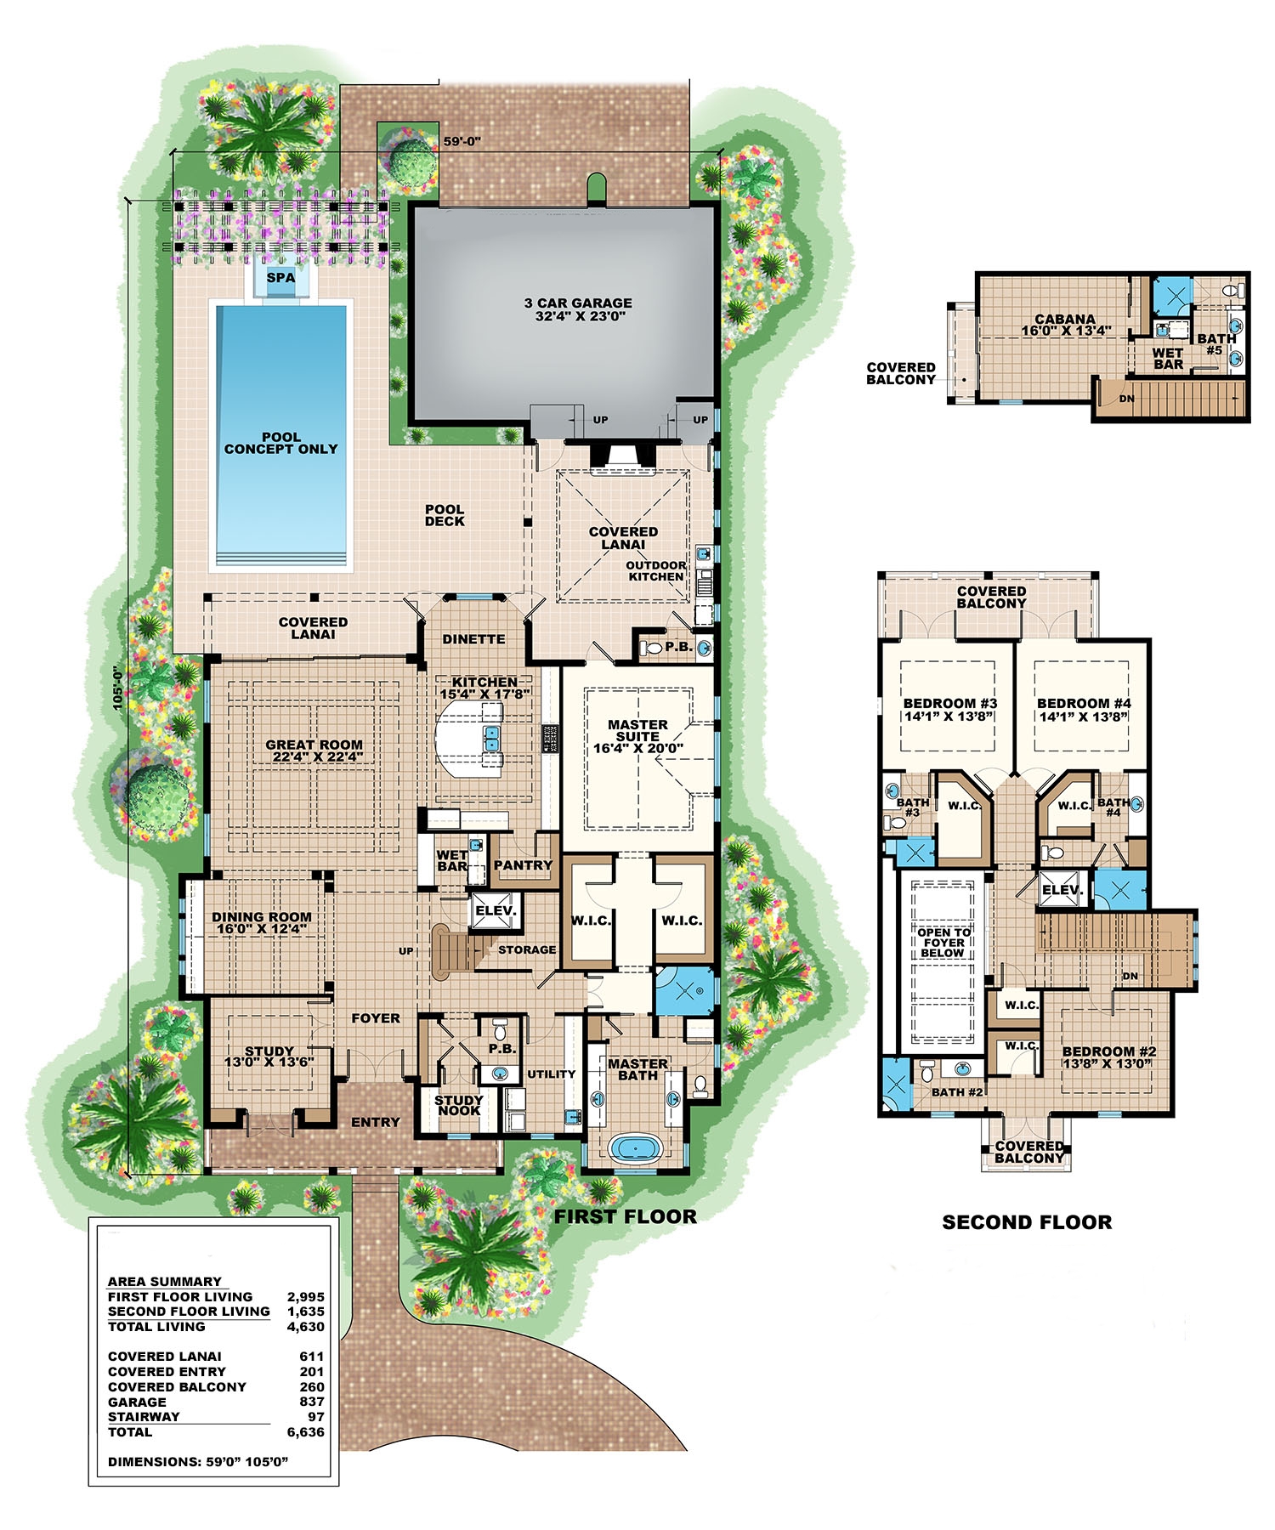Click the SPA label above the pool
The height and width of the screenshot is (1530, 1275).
(x=280, y=277)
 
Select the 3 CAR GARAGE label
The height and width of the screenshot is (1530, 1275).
(x=578, y=303)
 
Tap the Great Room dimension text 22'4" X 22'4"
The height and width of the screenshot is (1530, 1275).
(x=314, y=756)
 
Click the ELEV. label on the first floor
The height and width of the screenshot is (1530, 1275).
(x=496, y=910)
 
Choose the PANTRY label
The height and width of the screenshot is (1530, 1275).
(x=523, y=865)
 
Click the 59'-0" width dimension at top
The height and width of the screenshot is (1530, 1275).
(x=462, y=142)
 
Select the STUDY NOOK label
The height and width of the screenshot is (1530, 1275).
(x=458, y=1105)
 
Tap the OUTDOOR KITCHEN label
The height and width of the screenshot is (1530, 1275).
(x=655, y=571)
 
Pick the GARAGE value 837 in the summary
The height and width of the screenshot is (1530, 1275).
(x=311, y=1402)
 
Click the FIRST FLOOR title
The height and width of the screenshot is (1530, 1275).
(x=625, y=1217)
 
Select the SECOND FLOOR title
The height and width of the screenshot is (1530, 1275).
(x=1026, y=1222)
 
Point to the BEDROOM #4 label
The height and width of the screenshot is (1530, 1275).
(x=1084, y=704)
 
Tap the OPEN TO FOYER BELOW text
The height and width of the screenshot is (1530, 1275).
(x=943, y=943)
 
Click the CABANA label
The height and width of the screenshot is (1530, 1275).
(x=1064, y=320)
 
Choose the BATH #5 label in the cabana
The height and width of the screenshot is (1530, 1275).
(x=1215, y=344)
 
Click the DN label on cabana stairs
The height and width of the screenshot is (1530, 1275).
(x=1126, y=399)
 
